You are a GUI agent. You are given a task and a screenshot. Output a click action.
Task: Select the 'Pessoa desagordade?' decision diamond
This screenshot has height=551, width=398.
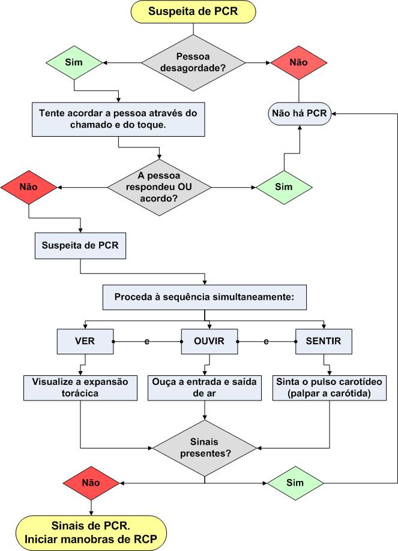pos(193,62)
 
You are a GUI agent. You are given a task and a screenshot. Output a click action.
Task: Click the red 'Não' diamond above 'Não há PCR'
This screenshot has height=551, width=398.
pos(299,62)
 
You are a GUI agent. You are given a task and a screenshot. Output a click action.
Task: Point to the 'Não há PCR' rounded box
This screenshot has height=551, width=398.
pos(299,113)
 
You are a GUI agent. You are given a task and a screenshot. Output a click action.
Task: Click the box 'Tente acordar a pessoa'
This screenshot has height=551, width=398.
pos(118,119)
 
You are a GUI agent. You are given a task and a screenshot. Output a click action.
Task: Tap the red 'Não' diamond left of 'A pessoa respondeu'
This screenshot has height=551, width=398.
pos(29,186)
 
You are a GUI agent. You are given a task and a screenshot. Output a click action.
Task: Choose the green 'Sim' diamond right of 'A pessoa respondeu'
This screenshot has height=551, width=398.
pos(283,187)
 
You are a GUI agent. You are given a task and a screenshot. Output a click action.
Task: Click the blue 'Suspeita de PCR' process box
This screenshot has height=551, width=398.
pos(80,246)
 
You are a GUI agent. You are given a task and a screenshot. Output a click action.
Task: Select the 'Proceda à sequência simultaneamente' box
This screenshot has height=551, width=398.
pos(205,297)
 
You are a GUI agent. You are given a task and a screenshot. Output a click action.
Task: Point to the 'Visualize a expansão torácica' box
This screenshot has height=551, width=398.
pos(80,387)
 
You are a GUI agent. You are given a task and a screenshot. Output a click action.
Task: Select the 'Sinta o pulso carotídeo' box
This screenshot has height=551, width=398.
pos(330,387)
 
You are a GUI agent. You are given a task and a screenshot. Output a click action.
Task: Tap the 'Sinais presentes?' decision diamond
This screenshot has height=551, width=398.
pos(205,447)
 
